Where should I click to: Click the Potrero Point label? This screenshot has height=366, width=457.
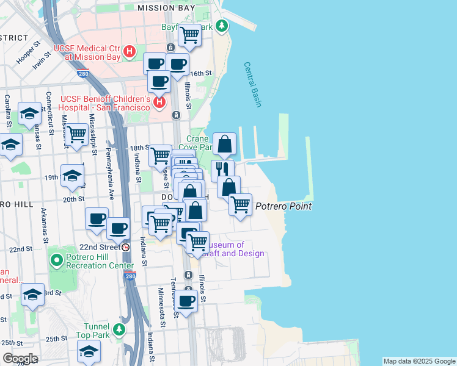[283, 206]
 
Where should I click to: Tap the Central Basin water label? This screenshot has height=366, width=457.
[252, 85]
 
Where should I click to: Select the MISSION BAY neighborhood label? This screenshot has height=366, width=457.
[166, 8]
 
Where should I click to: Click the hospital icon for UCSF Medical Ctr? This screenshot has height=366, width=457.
[130, 52]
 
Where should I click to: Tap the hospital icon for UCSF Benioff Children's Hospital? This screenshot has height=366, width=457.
[159, 102]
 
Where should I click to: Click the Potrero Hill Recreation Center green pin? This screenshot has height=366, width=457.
[57, 261]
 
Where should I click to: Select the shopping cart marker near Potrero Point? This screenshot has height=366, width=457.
[241, 204]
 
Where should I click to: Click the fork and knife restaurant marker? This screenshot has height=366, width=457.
[223, 170]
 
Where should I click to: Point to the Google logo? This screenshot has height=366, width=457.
[20, 358]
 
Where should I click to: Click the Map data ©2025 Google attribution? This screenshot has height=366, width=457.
[419, 361]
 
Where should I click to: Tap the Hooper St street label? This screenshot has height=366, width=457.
[28, 53]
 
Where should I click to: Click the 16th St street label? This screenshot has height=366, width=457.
[200, 73]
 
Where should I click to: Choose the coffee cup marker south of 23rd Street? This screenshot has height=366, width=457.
[186, 301]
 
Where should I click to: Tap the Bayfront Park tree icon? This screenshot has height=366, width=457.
[222, 26]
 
